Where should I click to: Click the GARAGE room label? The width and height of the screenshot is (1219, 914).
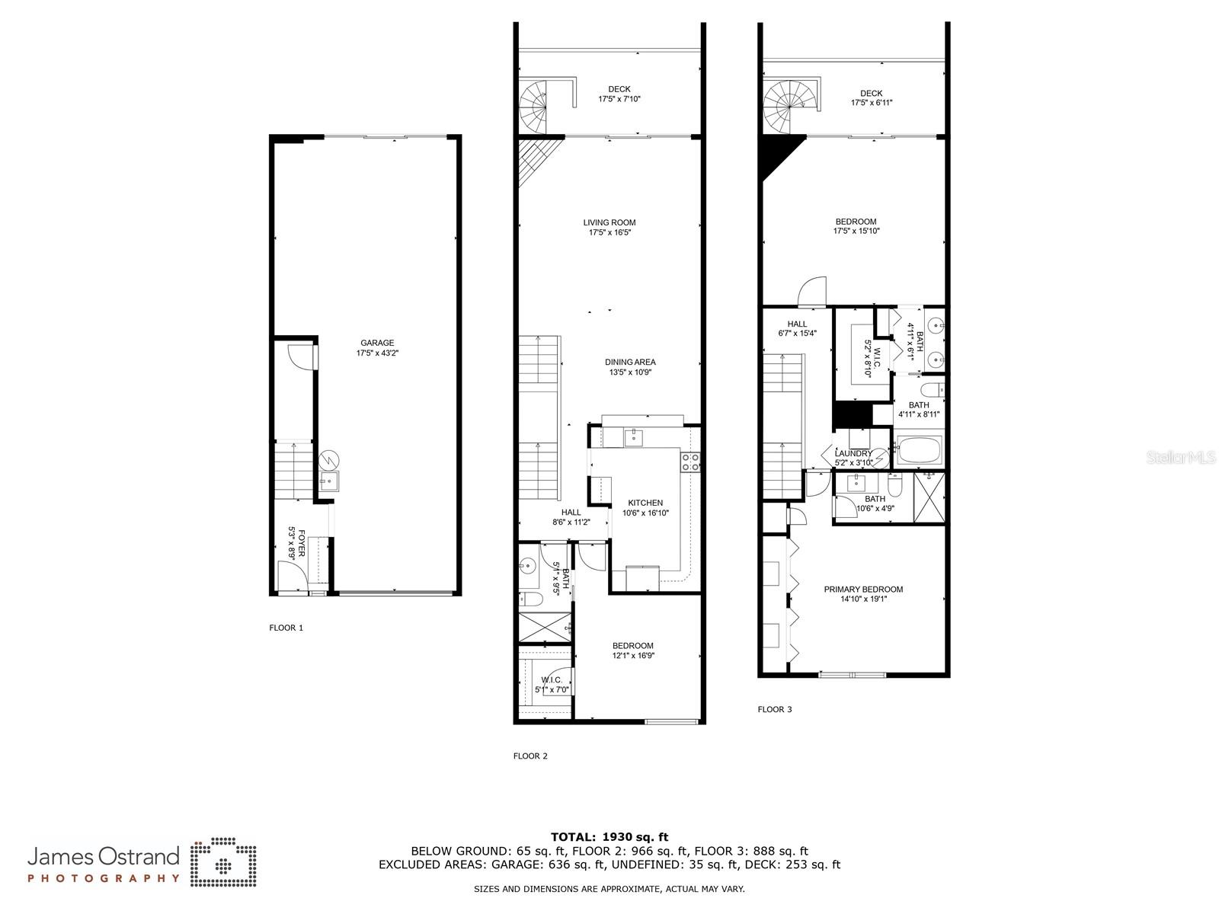click(x=377, y=343)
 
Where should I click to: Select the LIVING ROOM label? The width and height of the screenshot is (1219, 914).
click(x=609, y=222)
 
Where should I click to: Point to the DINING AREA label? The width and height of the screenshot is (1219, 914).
click(x=630, y=362)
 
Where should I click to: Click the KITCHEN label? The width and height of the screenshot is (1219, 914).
click(x=645, y=503)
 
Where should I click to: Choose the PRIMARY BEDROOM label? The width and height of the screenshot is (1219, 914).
click(x=863, y=590)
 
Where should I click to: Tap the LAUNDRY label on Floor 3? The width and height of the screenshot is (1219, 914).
click(x=853, y=453)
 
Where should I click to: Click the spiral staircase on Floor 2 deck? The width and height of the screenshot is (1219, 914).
click(x=533, y=107)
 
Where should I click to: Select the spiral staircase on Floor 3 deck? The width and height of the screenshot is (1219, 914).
click(x=784, y=107)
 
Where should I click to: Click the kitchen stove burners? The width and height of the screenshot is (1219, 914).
click(x=690, y=462)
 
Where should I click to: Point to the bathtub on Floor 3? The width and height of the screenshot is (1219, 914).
click(x=919, y=450)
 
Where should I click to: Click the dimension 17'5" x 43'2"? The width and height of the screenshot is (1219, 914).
click(x=377, y=353)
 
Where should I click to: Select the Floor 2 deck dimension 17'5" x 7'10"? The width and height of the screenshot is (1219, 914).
click(x=619, y=99)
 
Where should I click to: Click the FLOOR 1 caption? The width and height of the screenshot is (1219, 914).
click(x=286, y=628)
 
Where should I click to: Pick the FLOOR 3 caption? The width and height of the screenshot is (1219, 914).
click(x=775, y=709)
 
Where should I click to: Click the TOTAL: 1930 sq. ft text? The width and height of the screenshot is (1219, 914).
click(x=609, y=837)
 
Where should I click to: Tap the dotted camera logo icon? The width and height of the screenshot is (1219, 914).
click(x=223, y=862)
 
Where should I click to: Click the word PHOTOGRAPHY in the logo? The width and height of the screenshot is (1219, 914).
click(x=104, y=878)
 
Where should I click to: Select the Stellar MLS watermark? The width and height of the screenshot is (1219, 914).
click(x=1180, y=457)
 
